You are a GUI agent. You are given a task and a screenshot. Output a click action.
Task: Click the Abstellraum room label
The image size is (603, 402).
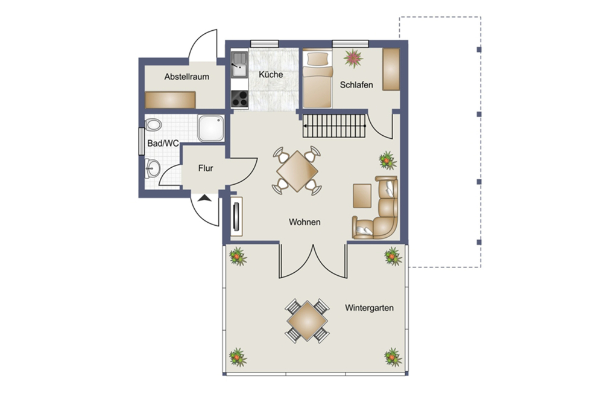pyautogui.click(x=186, y=77)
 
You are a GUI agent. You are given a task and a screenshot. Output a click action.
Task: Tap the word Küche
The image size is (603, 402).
pyautogui.click(x=271, y=74)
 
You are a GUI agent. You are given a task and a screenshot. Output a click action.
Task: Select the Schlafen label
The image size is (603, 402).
pyautogui.click(x=356, y=85)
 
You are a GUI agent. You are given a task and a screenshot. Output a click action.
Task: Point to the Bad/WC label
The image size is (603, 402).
pyautogui.click(x=163, y=143)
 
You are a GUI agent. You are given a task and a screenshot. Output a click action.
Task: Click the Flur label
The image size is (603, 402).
pyautogui.click(x=206, y=168)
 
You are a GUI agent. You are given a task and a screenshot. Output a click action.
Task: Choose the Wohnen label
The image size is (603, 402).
pyautogui.click(x=305, y=222)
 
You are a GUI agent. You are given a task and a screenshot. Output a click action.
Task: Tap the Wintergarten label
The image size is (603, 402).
pyautogui.click(x=369, y=308)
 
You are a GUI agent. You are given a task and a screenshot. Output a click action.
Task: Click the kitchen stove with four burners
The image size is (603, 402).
pyautogui.click(x=239, y=98)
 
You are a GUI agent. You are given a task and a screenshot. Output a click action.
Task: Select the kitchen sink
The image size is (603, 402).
pyautogui.click(x=239, y=65)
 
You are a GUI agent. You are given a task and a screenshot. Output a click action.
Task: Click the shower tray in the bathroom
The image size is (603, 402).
pyautogui.click(x=210, y=128)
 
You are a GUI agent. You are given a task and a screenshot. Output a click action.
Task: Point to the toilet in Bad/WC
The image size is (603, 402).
pyautogui.click(x=153, y=125)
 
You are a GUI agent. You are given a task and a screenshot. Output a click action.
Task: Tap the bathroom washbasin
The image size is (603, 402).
pyautogui.click(x=153, y=168)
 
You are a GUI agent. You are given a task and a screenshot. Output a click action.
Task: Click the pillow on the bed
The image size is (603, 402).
pyautogui.click(x=317, y=59)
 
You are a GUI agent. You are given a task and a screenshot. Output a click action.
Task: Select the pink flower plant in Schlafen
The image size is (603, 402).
pyautogui.click(x=353, y=58)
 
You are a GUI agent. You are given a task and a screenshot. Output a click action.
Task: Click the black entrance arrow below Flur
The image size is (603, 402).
pyautogui.click(x=205, y=199)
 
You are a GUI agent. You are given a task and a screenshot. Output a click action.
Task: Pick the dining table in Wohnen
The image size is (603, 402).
pyautogui.click(x=297, y=171)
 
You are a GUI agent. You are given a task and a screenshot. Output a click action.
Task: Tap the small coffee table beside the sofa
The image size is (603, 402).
pyautogui.click(x=362, y=196)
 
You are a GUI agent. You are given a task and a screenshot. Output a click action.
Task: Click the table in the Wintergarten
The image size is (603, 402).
pyautogui.click(x=308, y=321)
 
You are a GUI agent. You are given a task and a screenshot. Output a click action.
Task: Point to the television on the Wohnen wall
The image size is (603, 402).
pyautogui.click(x=236, y=216)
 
